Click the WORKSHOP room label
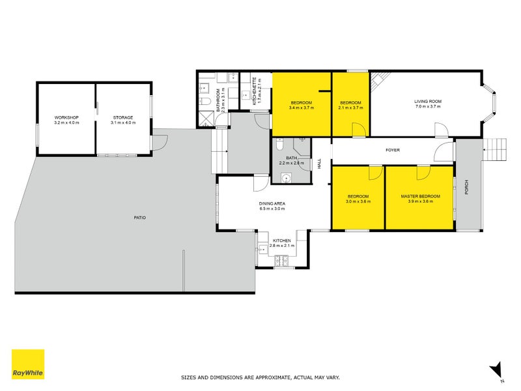pos(66,117)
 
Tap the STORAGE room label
pos(122,117)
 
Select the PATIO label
pos(139,217)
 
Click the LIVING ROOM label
pos(428,102)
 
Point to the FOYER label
pos(392,150)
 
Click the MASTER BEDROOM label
pos(420,196)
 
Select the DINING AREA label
pos(272,203)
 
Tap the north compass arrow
pos(497,369)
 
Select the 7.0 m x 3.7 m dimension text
pos(428,107)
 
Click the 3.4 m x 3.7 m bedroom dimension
pos(302,108)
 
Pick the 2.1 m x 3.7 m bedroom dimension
pos(351,108)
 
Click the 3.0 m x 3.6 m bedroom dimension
pos(358,202)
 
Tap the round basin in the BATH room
pos(285,178)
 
